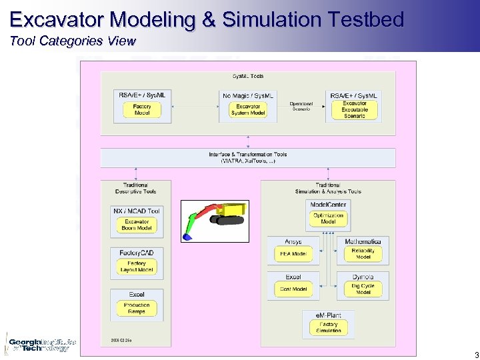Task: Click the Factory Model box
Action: (142, 110)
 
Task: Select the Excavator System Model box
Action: (248, 110)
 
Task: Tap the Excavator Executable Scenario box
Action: (355, 110)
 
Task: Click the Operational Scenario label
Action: (301, 107)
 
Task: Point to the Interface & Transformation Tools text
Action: (248, 157)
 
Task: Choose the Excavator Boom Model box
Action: (137, 225)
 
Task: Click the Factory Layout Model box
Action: (137, 267)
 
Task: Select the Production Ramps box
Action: (137, 308)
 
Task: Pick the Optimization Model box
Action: (328, 219)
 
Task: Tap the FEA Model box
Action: (293, 254)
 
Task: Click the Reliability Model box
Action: (363, 254)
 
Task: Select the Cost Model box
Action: (293, 289)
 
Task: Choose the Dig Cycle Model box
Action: (363, 289)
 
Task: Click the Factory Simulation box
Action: (328, 327)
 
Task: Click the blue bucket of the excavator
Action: (188, 235)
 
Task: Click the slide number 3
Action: (476, 355)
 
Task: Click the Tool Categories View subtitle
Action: (73, 41)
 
